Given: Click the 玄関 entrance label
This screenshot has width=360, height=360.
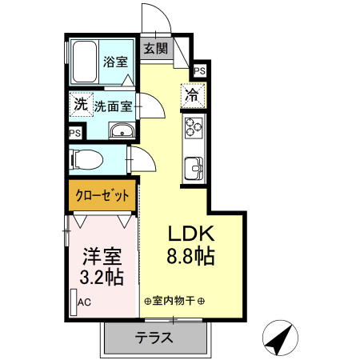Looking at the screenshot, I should click(156, 49).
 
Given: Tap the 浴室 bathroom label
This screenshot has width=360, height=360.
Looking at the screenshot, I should click(114, 61).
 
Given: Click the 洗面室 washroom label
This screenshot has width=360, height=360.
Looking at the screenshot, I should click(113, 106).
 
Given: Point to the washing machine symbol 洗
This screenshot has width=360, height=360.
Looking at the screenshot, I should click(80, 104).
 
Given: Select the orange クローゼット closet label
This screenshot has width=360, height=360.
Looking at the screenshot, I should click(102, 195).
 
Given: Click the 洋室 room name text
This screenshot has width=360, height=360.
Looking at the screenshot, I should click(103, 258).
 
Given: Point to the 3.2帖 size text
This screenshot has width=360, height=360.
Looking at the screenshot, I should click(103, 278).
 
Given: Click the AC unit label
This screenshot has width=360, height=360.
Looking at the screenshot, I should click(84, 302).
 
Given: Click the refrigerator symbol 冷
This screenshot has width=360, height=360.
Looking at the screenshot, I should click(193, 94).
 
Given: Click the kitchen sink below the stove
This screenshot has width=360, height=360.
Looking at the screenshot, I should click(194, 168).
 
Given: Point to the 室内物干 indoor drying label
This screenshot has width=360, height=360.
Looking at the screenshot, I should click(175, 301).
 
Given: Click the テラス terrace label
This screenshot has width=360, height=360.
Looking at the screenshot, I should click(154, 337).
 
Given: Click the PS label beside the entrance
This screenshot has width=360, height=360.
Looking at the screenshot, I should click(199, 70).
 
